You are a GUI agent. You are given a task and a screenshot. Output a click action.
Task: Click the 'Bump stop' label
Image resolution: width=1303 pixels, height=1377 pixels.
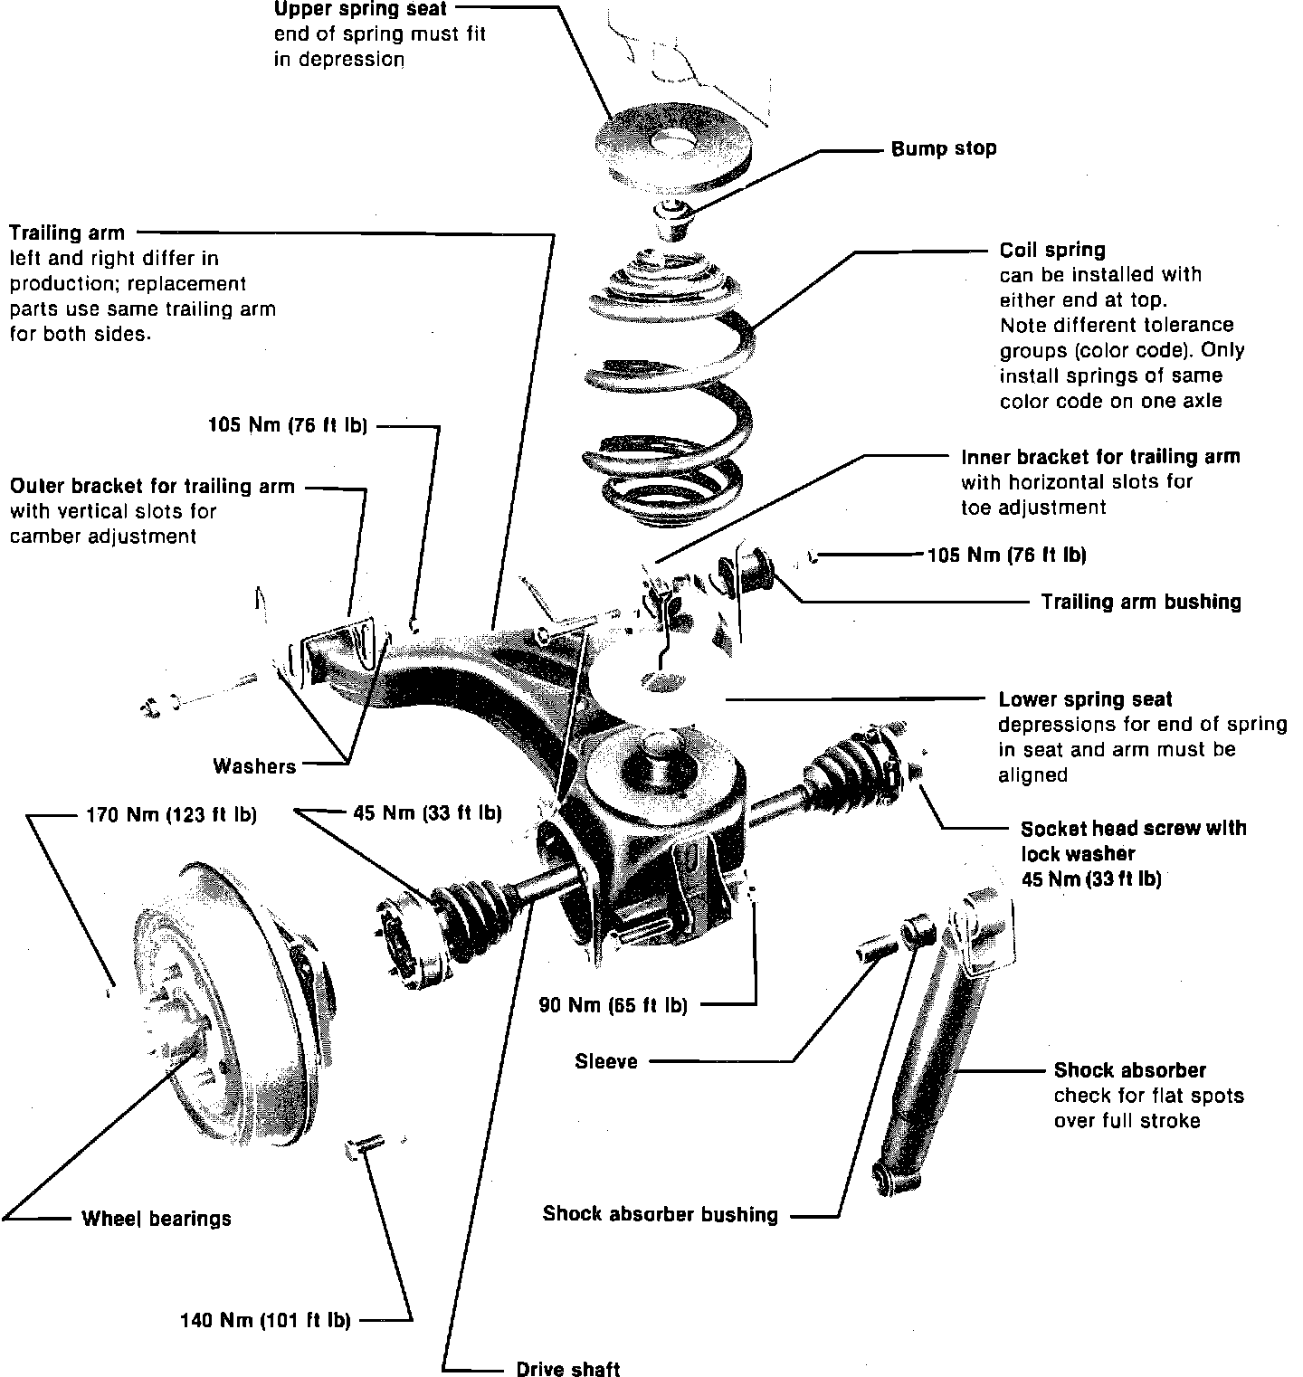pyautogui.click(x=944, y=148)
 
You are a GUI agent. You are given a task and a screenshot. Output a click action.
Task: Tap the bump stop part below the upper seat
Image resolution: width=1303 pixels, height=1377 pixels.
pyautogui.click(x=672, y=218)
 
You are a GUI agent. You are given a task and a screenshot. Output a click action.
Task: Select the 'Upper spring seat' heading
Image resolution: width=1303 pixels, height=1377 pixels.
pyautogui.click(x=360, y=10)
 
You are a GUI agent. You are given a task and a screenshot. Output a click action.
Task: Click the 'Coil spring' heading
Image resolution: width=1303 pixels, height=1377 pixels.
pyautogui.click(x=1052, y=250)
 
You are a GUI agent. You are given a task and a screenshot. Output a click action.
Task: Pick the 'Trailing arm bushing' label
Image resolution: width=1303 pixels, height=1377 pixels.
pyautogui.click(x=1141, y=602)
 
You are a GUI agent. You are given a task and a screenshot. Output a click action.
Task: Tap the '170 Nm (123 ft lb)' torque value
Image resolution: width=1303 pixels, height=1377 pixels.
pyautogui.click(x=171, y=815)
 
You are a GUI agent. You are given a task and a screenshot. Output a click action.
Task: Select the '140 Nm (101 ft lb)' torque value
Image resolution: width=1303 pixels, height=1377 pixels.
pyautogui.click(x=265, y=1321)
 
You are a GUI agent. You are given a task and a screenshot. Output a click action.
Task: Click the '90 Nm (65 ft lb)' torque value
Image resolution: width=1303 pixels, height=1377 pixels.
pyautogui.click(x=613, y=1004)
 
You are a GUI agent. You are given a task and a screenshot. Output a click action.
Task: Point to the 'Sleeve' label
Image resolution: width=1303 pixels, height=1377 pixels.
pyautogui.click(x=606, y=1061)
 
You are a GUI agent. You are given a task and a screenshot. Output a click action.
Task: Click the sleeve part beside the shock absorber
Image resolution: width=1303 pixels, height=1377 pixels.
pyautogui.click(x=876, y=951)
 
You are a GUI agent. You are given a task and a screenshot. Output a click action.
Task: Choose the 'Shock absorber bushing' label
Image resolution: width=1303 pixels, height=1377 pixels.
pyautogui.click(x=660, y=1214)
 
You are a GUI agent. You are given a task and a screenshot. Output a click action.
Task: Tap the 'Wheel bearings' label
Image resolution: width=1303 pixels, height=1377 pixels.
pyautogui.click(x=157, y=1219)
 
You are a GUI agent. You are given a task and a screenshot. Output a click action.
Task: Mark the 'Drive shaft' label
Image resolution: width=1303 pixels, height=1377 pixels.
pyautogui.click(x=568, y=1369)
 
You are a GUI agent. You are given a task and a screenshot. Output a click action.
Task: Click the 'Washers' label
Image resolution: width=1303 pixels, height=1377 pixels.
pyautogui.click(x=254, y=766)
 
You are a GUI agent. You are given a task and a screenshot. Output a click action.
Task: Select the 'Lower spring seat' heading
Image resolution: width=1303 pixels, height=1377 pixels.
pyautogui.click(x=1085, y=699)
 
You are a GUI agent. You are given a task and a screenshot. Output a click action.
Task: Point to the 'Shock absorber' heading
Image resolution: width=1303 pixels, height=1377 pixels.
pyautogui.click(x=1129, y=1070)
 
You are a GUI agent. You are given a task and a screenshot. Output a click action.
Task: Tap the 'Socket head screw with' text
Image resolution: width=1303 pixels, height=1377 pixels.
pyautogui.click(x=1133, y=829)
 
